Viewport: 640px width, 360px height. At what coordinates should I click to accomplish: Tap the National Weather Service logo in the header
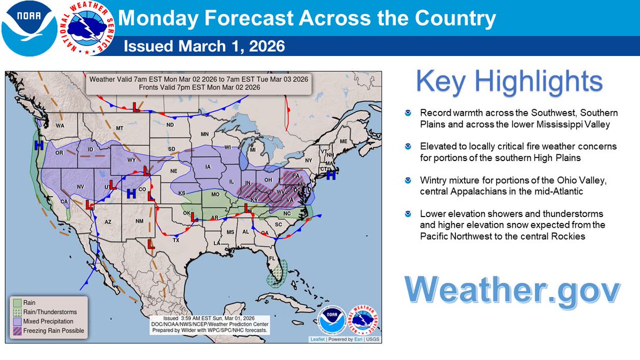(85, 28)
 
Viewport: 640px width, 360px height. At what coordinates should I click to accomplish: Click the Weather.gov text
(512, 290)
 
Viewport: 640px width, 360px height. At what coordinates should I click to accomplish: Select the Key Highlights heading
(509, 82)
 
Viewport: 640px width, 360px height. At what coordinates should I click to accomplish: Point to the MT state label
(119, 128)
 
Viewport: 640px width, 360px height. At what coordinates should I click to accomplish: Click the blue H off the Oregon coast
(38, 145)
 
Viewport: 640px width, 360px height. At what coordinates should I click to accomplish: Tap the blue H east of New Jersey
(331, 174)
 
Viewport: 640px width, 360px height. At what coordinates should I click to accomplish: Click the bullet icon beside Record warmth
(408, 113)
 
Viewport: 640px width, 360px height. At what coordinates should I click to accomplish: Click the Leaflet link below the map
(319, 339)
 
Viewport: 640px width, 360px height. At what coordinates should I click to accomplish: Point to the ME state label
(343, 141)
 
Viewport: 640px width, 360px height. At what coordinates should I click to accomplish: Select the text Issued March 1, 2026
(204, 46)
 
